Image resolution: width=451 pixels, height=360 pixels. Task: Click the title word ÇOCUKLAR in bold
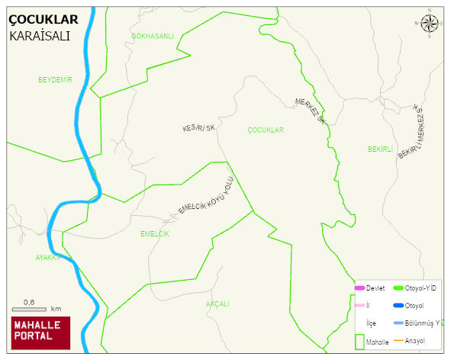[x=43, y=20]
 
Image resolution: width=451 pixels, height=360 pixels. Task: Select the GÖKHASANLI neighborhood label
[x=153, y=36]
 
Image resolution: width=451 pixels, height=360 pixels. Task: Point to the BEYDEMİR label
[x=55, y=79]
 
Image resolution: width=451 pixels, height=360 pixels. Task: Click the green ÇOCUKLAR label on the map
[x=266, y=130]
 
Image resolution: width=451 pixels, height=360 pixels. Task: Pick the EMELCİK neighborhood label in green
[x=155, y=233]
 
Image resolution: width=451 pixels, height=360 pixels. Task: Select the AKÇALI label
[x=217, y=304]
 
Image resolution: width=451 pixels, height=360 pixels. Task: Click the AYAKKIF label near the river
[x=47, y=258]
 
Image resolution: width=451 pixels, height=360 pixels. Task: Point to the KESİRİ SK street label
[x=198, y=129]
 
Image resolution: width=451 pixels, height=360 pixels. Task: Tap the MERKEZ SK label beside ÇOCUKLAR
[x=311, y=111]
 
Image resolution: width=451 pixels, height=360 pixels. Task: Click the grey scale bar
[x=29, y=309]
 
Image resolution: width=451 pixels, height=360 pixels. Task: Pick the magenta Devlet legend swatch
[x=359, y=288]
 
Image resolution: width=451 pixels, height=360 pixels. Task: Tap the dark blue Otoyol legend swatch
[x=398, y=306]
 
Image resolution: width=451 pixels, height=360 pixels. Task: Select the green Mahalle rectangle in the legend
[x=359, y=341]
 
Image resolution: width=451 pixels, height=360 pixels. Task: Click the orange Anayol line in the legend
[x=398, y=340]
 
